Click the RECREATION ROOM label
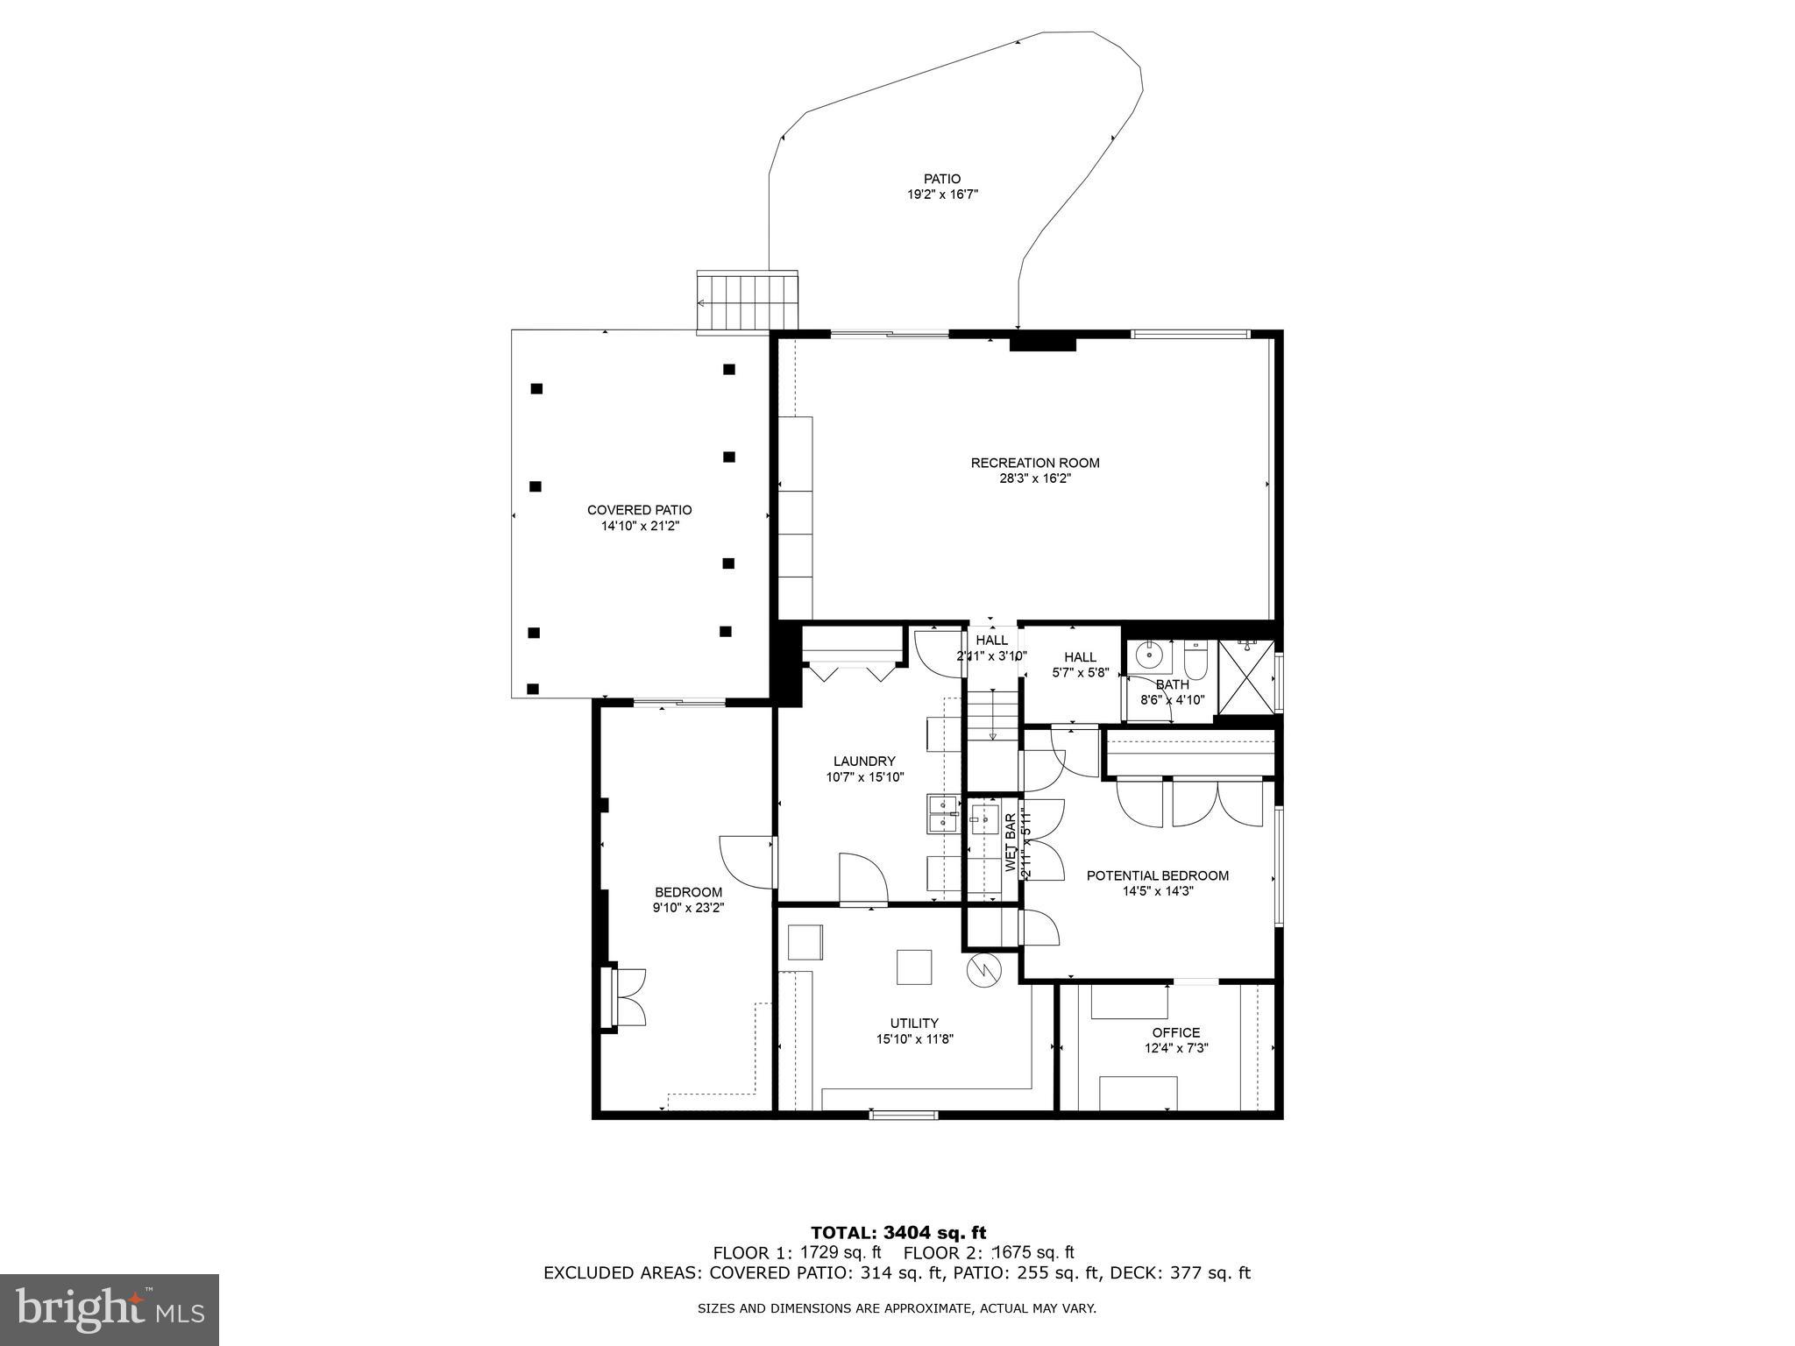tap(1034, 463)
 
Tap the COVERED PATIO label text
tap(639, 510)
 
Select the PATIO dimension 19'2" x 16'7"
tap(942, 195)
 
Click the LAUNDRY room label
tap(864, 762)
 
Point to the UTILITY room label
tap(914, 1023)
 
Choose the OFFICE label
tap(1176, 1032)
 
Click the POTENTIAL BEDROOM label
tap(1157, 875)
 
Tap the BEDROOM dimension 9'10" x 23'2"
tap(688, 908)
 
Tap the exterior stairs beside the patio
tap(747, 301)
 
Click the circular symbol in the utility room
tap(982, 969)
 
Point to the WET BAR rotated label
tap(1010, 843)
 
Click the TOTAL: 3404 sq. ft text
tap(898, 1234)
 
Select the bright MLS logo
tap(110, 1309)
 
